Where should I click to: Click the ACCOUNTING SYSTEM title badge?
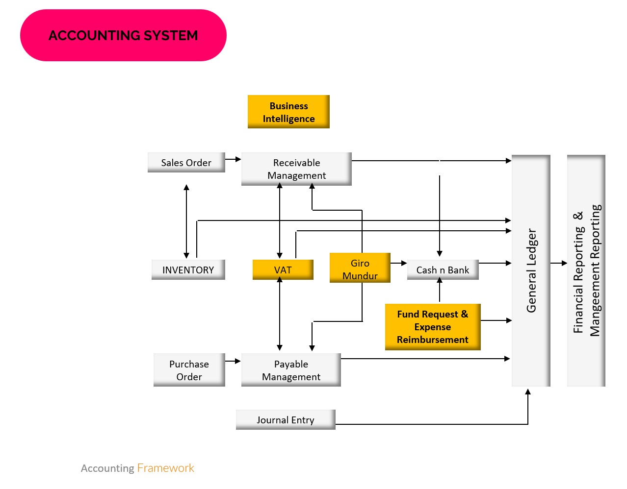(x=123, y=35)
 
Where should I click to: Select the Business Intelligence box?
(x=288, y=112)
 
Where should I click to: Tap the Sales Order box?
(x=186, y=163)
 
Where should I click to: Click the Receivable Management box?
(x=296, y=169)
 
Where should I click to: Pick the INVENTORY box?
(x=188, y=270)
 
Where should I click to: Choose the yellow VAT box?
(x=283, y=270)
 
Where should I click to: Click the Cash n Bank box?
(x=443, y=270)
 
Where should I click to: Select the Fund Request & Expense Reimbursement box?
(x=433, y=327)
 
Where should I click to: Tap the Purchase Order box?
(x=189, y=370)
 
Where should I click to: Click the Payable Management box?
(x=291, y=370)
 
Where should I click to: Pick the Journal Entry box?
(x=286, y=420)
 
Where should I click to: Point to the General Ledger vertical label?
(x=531, y=270)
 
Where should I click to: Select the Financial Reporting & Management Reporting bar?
(x=586, y=270)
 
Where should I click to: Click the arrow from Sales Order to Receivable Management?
(x=233, y=159)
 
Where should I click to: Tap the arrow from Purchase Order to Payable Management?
(x=233, y=361)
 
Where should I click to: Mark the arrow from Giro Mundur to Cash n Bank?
(x=398, y=263)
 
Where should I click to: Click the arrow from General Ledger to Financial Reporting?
(x=558, y=263)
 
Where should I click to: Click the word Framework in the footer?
(x=166, y=468)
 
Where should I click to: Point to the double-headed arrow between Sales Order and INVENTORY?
(x=186, y=221)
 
